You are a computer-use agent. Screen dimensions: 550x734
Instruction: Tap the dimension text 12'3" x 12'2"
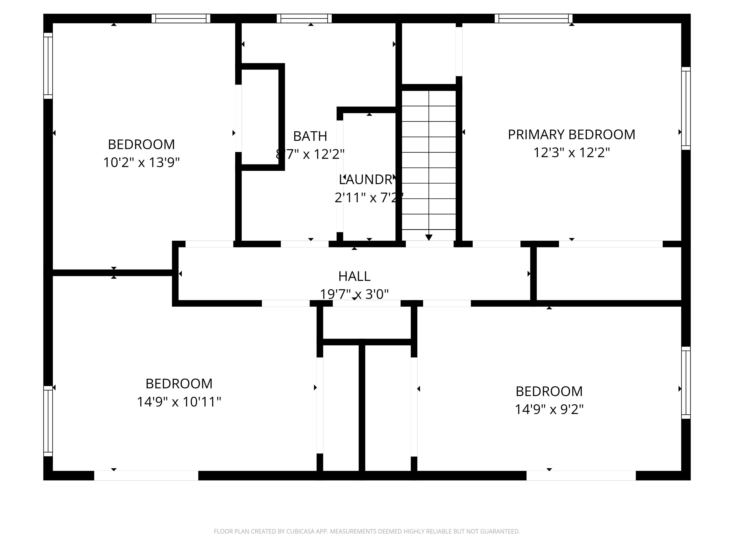click(x=571, y=153)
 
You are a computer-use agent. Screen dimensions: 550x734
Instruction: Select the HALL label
click(x=354, y=276)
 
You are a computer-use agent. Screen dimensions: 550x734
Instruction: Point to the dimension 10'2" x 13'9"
click(x=141, y=163)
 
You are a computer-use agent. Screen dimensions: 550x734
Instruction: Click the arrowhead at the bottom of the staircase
click(x=428, y=237)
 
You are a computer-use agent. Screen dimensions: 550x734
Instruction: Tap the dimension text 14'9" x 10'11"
click(x=179, y=402)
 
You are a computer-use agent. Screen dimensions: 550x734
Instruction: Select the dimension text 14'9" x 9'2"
click(x=549, y=409)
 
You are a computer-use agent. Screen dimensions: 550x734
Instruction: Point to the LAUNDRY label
click(x=367, y=179)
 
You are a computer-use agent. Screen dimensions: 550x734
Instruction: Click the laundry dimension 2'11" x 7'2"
click(x=368, y=198)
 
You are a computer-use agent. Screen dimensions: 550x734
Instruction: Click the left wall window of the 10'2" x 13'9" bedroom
click(x=48, y=66)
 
